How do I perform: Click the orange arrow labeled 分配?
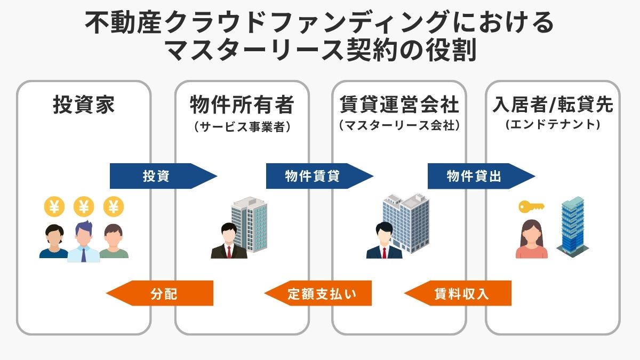[163, 293]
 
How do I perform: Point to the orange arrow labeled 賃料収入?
[461, 293]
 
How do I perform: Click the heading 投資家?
[84, 105]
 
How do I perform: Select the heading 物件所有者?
[242, 105]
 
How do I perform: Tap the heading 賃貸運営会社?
[399, 105]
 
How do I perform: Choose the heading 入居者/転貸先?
[553, 105]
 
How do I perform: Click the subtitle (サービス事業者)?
[242, 127]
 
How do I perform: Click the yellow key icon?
[530, 206]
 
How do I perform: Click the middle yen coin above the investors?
[83, 206]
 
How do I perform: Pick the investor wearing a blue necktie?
[83, 243]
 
